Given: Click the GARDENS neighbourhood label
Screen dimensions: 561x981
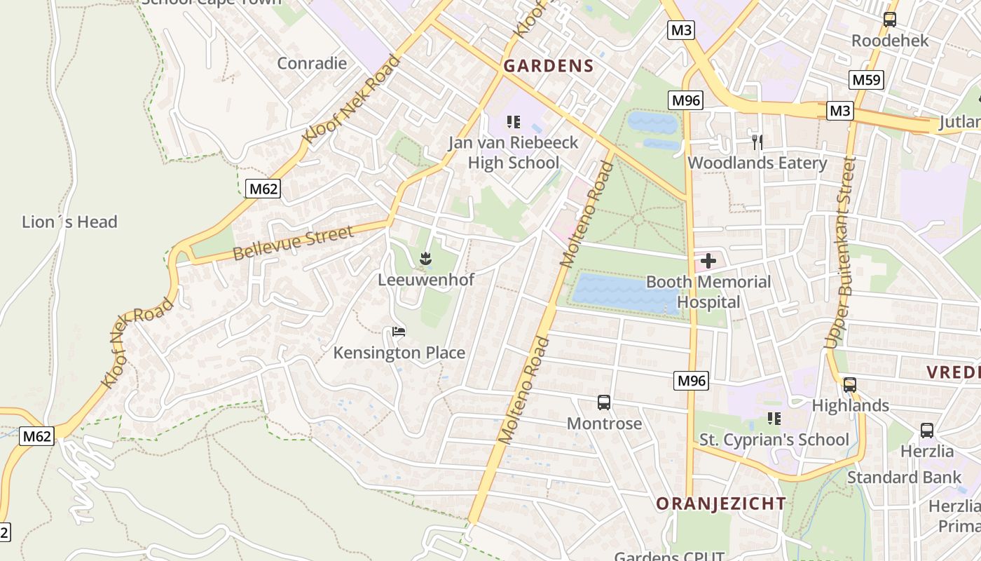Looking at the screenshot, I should (549, 67).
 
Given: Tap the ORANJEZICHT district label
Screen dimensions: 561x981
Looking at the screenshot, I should (721, 503).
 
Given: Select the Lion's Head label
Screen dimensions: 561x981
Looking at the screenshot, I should (69, 222).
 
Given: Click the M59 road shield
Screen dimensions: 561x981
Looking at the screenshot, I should (866, 80).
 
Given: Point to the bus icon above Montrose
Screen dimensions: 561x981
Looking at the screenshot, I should (603, 403).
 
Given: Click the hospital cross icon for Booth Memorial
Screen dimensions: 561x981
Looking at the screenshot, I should (708, 262).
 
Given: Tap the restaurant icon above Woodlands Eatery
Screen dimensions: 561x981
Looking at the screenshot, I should (757, 142).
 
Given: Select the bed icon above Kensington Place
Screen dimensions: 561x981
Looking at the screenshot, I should (399, 331).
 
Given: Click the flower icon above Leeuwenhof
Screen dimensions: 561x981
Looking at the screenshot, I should (425, 259).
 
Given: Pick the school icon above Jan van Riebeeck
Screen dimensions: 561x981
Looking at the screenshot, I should (514, 122).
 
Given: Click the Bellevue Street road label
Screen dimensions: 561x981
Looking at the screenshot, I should (294, 243).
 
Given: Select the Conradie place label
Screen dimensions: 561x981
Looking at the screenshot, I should (312, 63).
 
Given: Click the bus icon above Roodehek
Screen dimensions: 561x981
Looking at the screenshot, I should (889, 20).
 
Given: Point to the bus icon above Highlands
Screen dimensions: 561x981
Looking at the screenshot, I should (849, 384).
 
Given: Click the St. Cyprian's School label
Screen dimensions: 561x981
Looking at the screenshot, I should (774, 440).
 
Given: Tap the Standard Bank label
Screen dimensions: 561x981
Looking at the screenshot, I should (904, 478).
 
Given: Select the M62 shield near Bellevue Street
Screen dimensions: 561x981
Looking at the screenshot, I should (263, 188).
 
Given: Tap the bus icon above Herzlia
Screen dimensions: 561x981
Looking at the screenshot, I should (926, 430).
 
